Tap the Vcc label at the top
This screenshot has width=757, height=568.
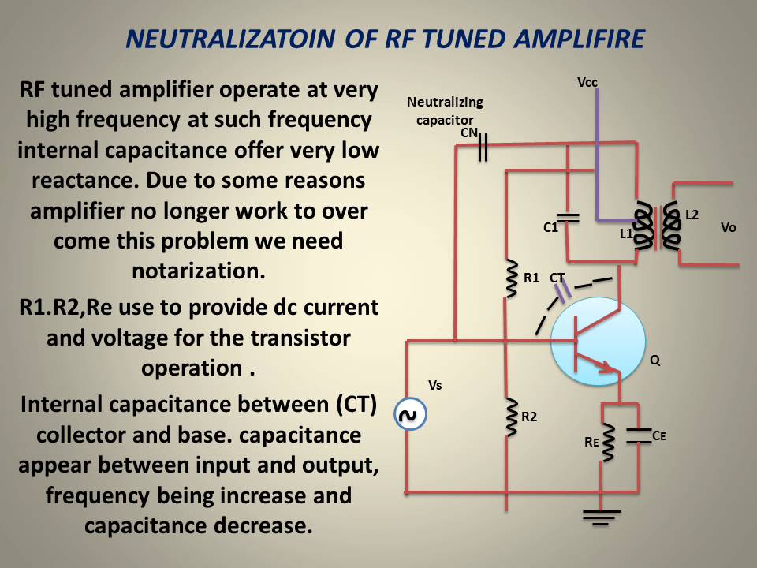coord(588,82)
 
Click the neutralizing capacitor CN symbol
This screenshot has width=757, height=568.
coord(483,147)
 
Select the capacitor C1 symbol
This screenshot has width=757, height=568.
coord(568,216)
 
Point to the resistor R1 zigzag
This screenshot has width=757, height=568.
coord(510,278)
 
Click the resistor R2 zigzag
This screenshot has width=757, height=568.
coord(510,416)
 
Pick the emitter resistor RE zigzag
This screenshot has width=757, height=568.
coord(608,445)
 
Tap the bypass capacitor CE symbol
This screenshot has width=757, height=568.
coord(636,435)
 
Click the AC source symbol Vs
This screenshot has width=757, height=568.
coord(410,414)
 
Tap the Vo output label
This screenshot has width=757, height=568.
coord(729,227)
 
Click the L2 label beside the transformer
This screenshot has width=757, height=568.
coord(692,214)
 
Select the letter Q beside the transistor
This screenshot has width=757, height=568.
coord(654,361)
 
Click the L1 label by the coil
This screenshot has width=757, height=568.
coord(626,234)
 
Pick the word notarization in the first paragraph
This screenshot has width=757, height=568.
coord(198,271)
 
